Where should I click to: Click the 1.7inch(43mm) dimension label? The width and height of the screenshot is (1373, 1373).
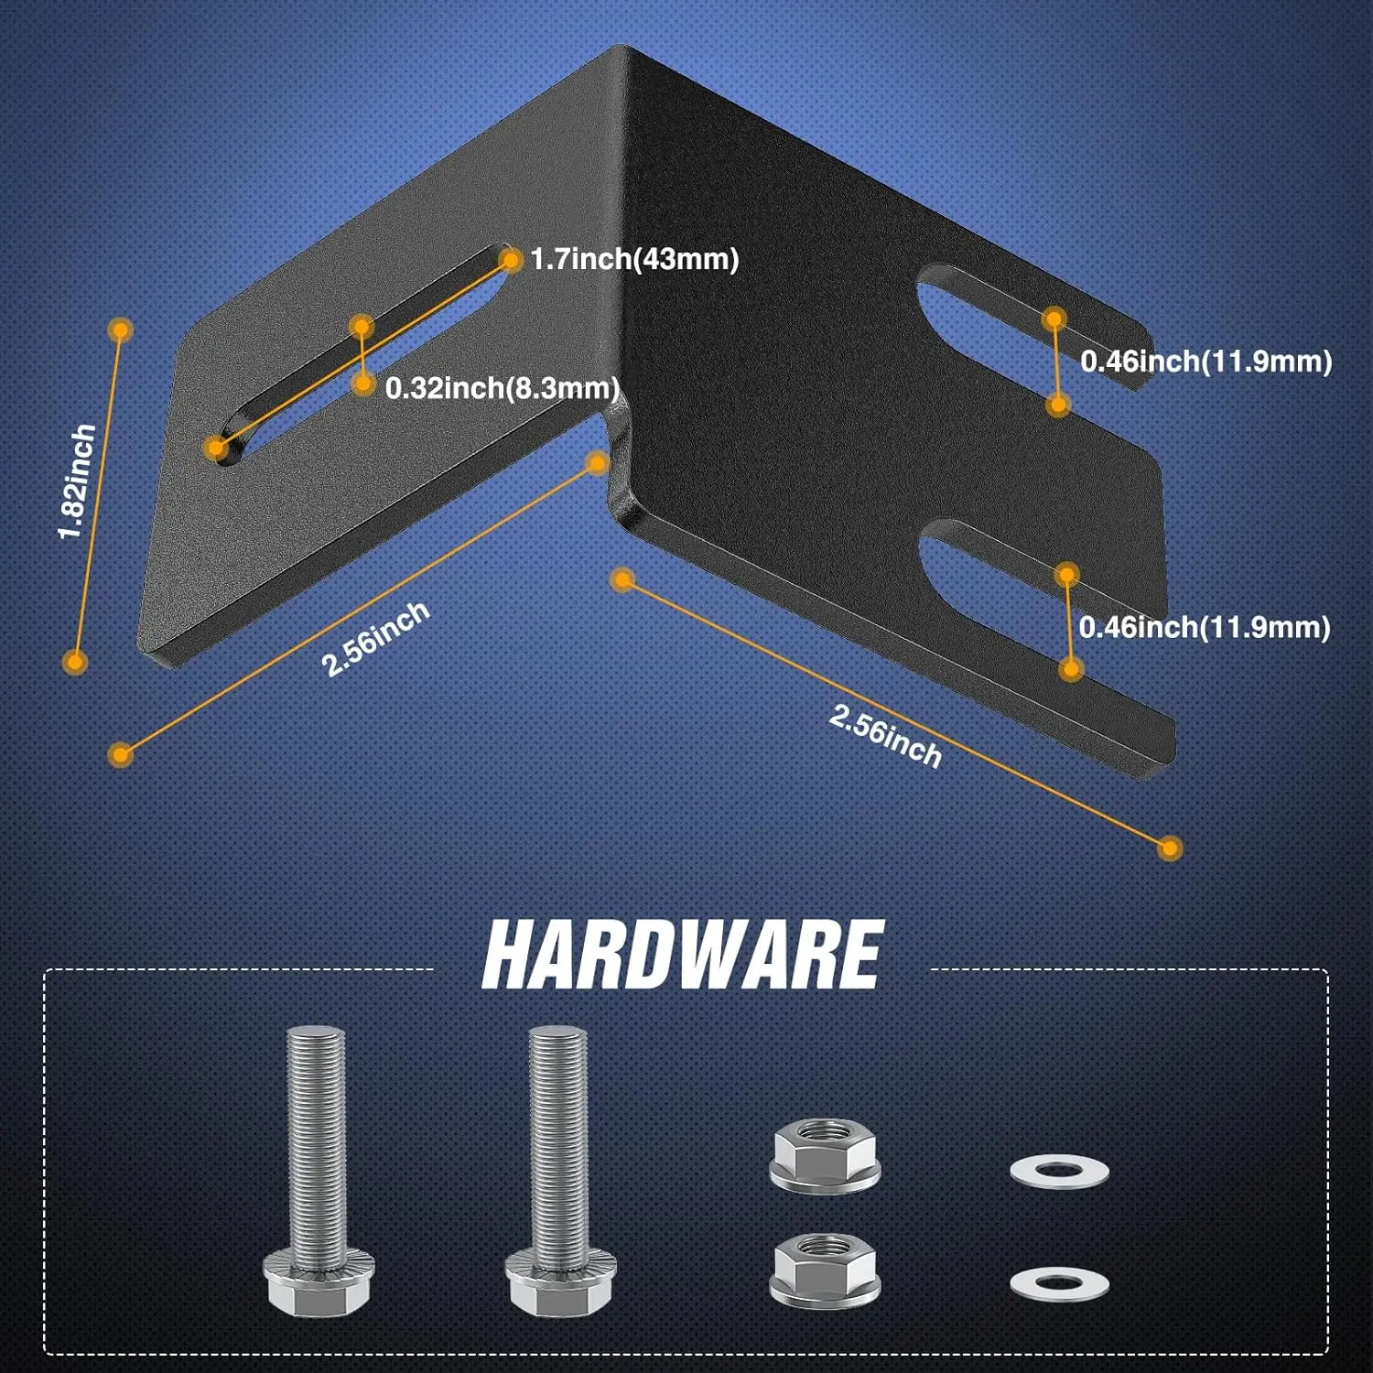point(634,259)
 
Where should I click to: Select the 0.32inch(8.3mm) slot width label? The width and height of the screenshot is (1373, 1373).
point(503,388)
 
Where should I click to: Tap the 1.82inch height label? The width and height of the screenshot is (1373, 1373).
point(77,481)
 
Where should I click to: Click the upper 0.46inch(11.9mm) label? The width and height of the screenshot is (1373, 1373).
point(1205,362)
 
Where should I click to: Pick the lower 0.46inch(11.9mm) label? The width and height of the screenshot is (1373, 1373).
point(1205,627)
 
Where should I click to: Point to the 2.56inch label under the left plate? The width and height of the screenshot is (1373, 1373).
point(375,639)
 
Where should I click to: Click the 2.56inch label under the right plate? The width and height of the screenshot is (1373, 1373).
point(885,736)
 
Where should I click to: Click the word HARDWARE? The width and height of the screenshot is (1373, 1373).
point(682,955)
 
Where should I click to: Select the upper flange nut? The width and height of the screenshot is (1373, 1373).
point(826,1156)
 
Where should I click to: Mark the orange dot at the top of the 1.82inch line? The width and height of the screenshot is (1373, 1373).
point(121,330)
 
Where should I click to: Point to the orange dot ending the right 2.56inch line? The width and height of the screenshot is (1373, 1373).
point(1170,848)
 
